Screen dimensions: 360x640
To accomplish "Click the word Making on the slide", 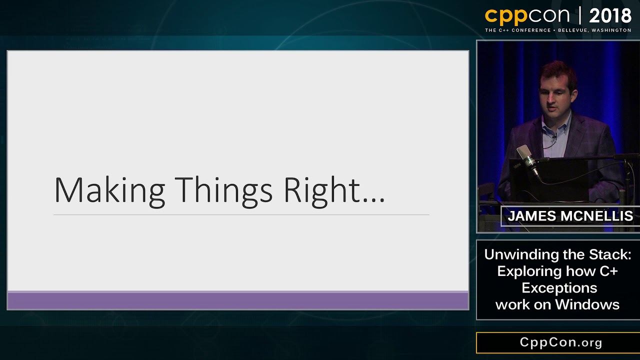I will click(109, 190).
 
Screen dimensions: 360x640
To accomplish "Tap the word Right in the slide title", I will click(322, 190).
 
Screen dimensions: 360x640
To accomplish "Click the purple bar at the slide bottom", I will click(237, 301).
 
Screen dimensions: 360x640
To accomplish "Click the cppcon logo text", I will click(527, 16).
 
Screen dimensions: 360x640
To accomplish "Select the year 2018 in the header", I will click(610, 16).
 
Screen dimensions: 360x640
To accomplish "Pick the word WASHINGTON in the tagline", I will click(611, 30).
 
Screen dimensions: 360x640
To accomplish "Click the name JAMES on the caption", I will click(531, 216).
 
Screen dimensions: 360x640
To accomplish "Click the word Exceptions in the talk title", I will click(559, 288).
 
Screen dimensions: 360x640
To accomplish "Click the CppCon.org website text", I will click(561, 342).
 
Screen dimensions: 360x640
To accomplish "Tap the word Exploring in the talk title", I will click(529, 271).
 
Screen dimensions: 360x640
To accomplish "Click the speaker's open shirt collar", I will click(555, 127).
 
